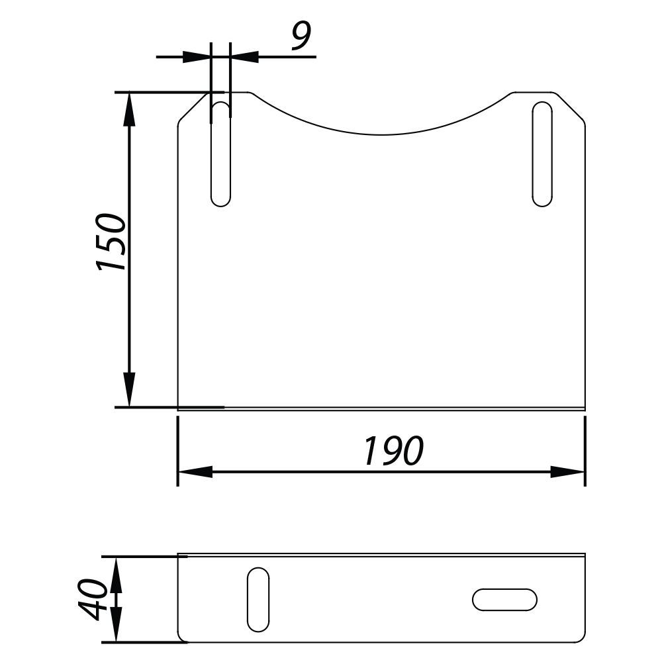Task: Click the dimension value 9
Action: [x=301, y=36]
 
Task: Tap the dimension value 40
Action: [x=93, y=600]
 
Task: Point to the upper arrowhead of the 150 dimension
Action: [x=129, y=109]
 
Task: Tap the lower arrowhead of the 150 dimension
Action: [x=129, y=390]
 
